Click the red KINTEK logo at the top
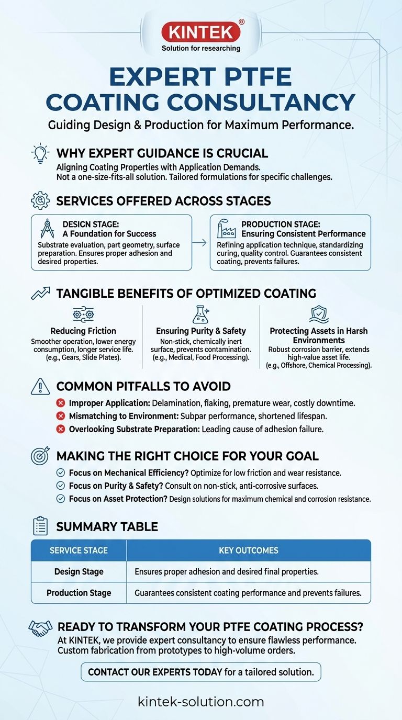pos(200,32)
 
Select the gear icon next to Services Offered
pos(40,200)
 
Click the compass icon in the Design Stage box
pos(47,229)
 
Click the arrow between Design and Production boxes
pos(201,242)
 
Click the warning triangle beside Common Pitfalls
pos(40,386)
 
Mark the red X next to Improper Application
pos(60,403)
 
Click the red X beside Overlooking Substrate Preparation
pos(60,429)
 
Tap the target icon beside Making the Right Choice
pos(40,456)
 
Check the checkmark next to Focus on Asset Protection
pos(60,499)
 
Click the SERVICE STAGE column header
pos(79,550)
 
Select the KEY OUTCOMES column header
pos(248,550)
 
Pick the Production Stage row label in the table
pos(79,593)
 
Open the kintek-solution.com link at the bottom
pos(201,702)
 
